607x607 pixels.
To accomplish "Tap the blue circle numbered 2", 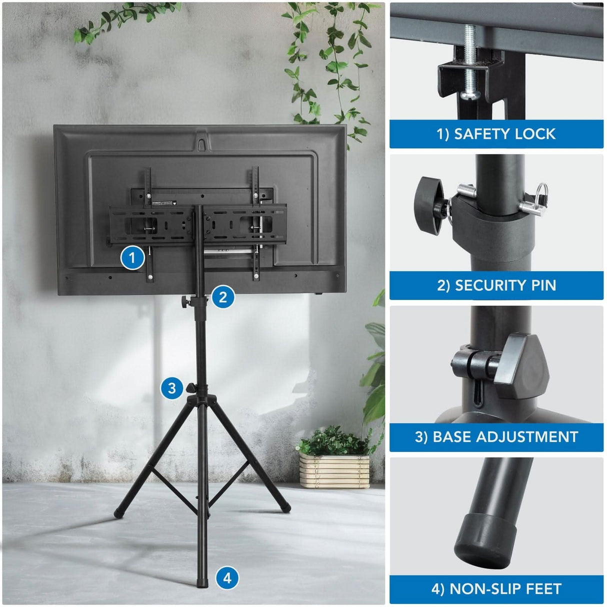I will click(223, 297).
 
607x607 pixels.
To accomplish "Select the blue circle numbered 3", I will click(172, 388).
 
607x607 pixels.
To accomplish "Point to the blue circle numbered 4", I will click(227, 578).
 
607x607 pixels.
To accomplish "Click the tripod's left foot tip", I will click(118, 512).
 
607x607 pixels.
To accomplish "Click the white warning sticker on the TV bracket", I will click(163, 203).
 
